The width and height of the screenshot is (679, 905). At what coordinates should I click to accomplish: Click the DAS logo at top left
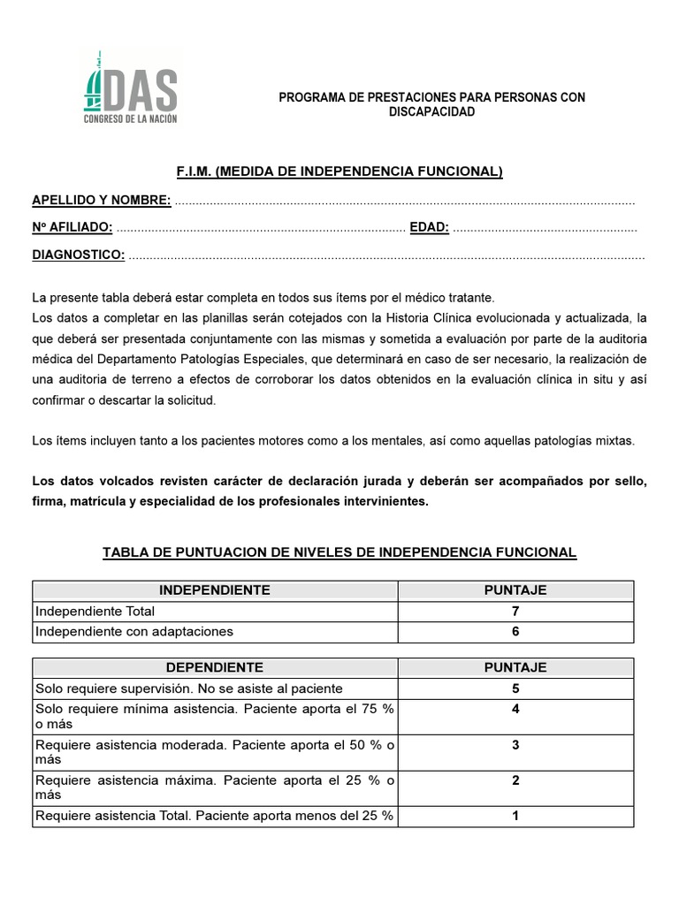pyautogui.click(x=130, y=88)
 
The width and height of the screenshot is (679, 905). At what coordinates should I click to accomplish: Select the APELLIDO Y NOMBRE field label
pyautogui.click(x=102, y=200)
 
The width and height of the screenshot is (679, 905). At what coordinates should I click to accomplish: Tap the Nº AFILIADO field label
pyautogui.click(x=72, y=228)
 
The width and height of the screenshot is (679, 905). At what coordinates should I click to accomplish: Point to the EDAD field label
pyautogui.click(x=430, y=228)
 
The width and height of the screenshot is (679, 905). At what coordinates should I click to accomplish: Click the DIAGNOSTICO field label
pyautogui.click(x=78, y=255)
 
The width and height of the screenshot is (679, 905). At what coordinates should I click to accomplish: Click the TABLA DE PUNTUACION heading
pyautogui.click(x=339, y=552)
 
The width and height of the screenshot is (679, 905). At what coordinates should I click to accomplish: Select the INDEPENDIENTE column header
pyautogui.click(x=215, y=590)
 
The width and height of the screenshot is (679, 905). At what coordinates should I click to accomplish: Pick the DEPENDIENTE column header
pyautogui.click(x=215, y=667)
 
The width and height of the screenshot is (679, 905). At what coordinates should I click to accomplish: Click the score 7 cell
pyautogui.click(x=515, y=611)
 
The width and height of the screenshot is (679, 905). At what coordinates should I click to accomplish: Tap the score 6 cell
pyautogui.click(x=515, y=631)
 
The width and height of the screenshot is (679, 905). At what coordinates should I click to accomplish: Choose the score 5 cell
pyautogui.click(x=515, y=688)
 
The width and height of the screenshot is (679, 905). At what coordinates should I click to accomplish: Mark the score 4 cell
pyautogui.click(x=515, y=709)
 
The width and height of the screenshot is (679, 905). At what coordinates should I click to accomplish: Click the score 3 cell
pyautogui.click(x=515, y=745)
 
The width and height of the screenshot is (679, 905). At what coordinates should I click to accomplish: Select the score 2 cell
pyautogui.click(x=515, y=780)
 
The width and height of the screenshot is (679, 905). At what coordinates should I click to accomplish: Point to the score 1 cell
pyautogui.click(x=515, y=816)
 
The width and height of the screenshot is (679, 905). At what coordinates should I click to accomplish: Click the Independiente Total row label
pyautogui.click(x=95, y=611)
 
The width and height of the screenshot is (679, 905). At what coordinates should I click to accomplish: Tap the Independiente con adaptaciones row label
pyautogui.click(x=134, y=631)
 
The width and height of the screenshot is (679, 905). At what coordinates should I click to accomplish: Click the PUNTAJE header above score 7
pyautogui.click(x=515, y=590)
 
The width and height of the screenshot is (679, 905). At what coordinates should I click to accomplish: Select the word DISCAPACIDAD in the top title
pyautogui.click(x=432, y=112)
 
